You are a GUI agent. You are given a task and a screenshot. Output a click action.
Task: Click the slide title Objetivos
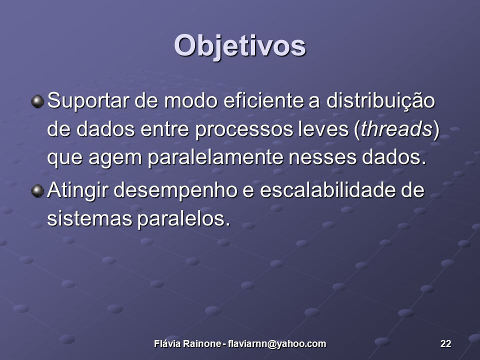pos(240,46)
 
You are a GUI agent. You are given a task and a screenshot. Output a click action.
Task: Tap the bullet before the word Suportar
pos(37,101)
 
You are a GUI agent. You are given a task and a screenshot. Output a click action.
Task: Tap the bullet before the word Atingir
pos(37,191)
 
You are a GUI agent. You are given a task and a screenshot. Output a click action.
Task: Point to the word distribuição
pos(380,101)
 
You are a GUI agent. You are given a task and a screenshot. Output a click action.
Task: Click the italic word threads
pos(396,128)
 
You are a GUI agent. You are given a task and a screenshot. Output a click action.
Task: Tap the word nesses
pos(322,158)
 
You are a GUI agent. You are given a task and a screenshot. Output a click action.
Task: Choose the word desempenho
pos(175,191)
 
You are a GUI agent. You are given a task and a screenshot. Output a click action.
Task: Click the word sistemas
pos(89,219)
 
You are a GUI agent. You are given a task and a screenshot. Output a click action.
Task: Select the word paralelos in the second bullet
pos(183,219)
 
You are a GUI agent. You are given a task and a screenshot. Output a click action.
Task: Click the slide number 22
pos(445,344)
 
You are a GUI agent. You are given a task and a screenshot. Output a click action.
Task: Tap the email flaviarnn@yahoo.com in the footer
pos(276,344)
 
